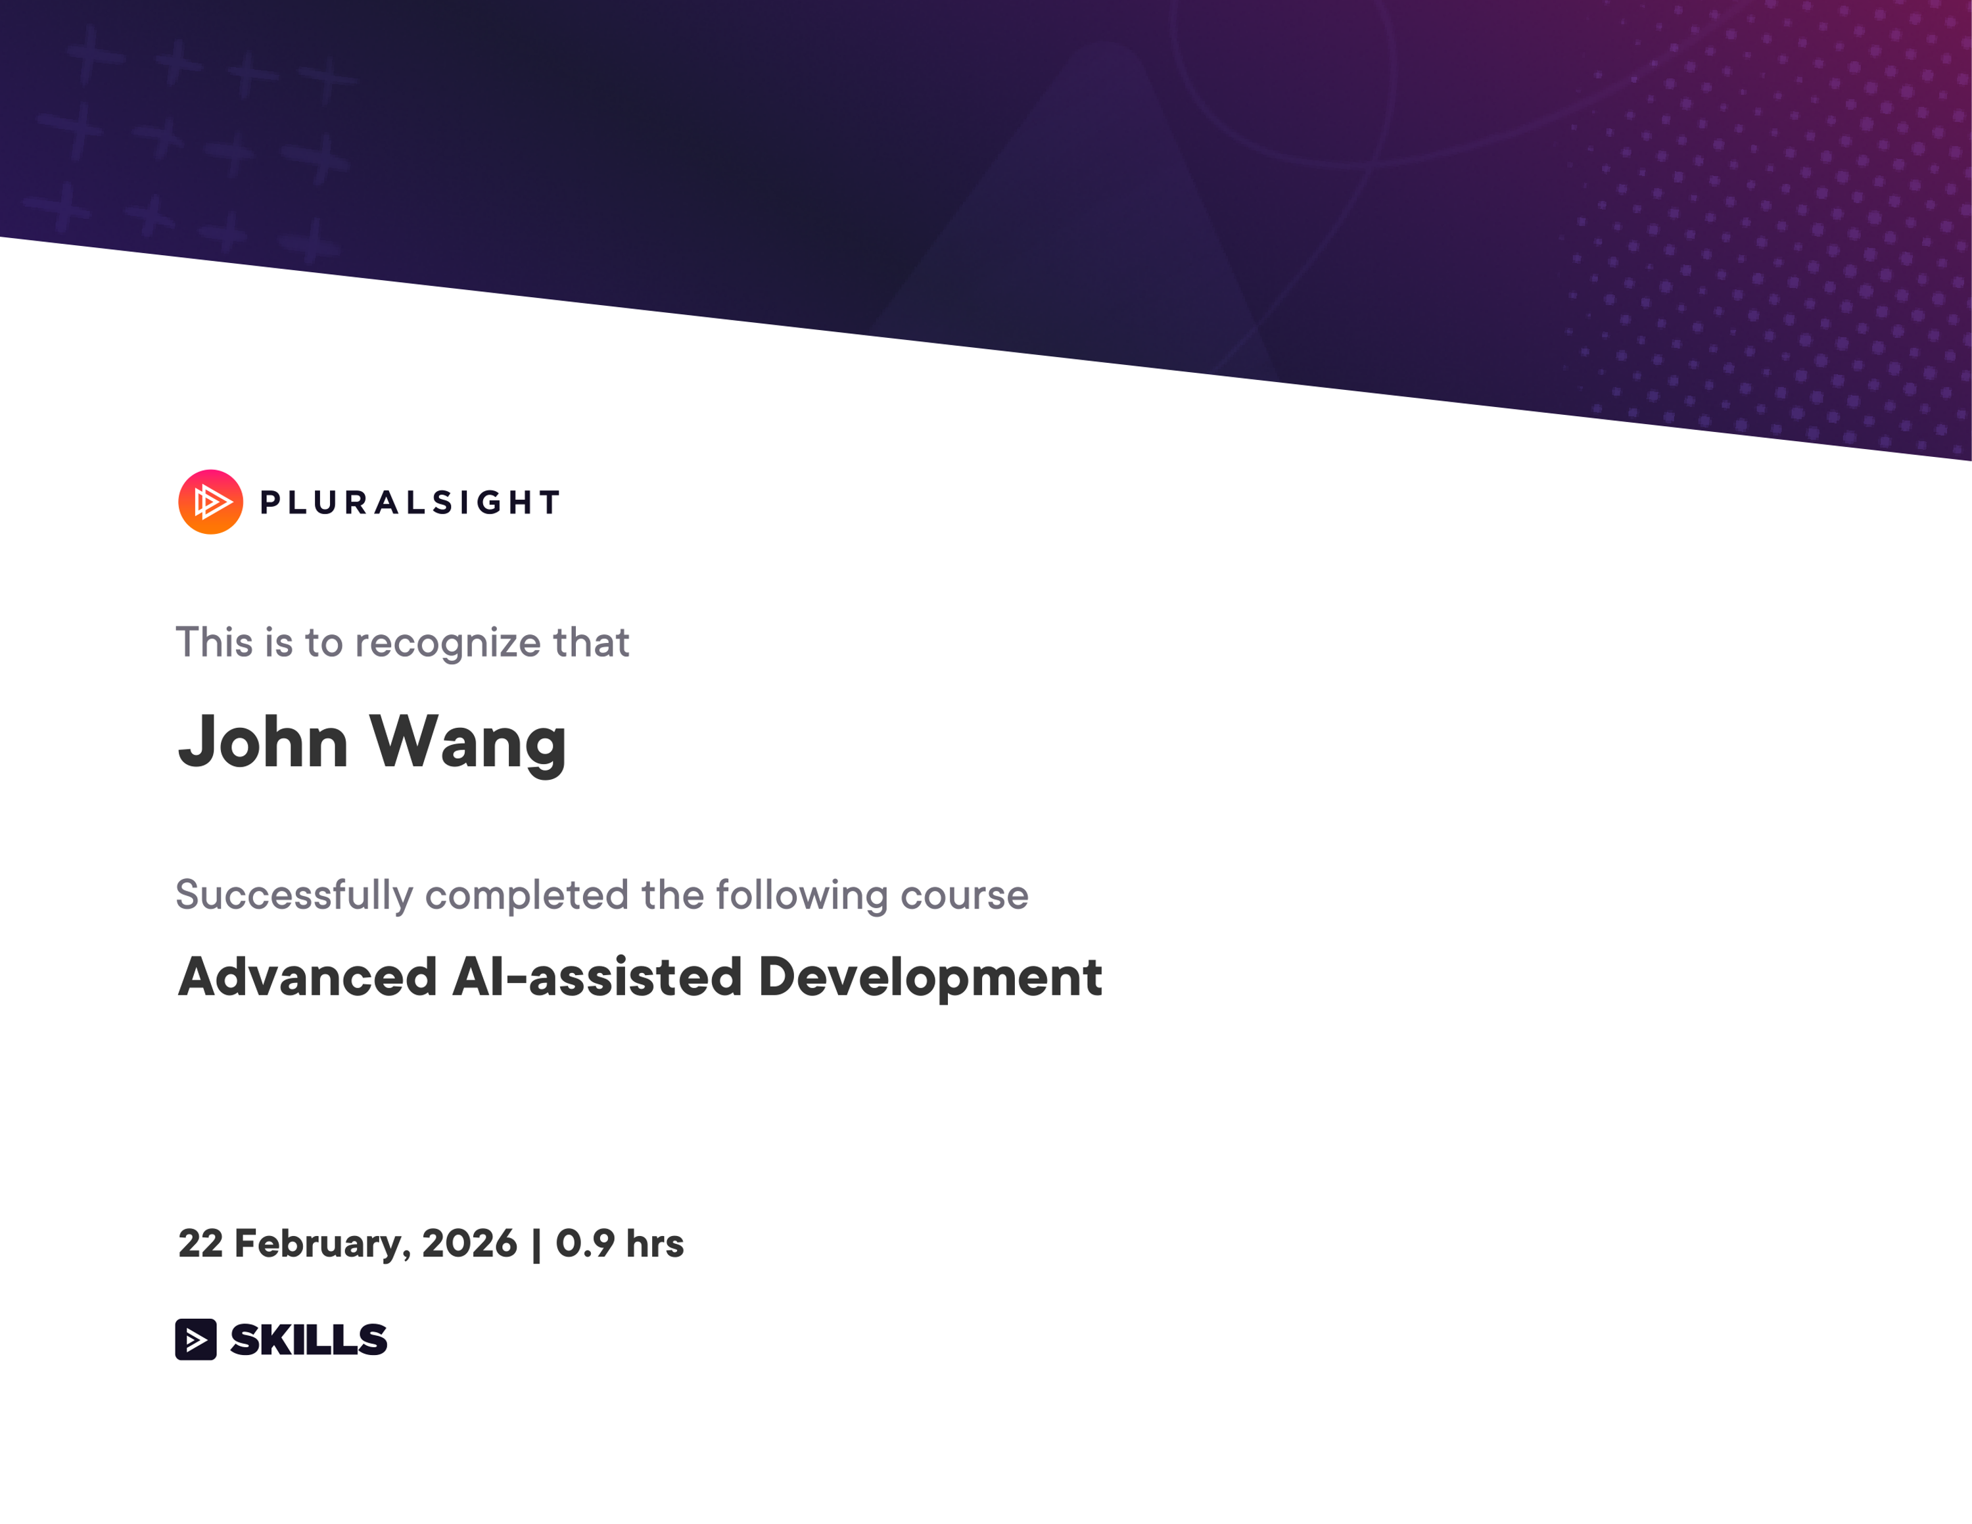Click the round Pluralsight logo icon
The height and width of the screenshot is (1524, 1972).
tap(210, 502)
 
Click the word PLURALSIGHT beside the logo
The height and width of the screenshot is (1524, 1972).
tap(410, 503)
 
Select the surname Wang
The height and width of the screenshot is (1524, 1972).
tap(468, 742)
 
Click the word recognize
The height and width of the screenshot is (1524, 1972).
tap(448, 644)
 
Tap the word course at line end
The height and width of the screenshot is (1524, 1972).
tap(964, 895)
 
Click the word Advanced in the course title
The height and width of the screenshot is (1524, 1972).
tap(308, 977)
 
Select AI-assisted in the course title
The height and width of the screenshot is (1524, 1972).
tap(597, 977)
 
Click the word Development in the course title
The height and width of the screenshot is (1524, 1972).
tap(930, 977)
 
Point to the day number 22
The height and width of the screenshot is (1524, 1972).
tap(200, 1243)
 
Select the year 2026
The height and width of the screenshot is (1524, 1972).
tap(469, 1243)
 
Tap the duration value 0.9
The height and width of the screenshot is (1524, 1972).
tap(585, 1243)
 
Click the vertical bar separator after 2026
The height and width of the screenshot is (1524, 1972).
tap(536, 1244)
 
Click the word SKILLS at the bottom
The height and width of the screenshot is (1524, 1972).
tap(309, 1339)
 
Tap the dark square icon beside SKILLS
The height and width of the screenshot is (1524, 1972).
tap(196, 1339)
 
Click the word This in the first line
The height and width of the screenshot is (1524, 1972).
tap(214, 643)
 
